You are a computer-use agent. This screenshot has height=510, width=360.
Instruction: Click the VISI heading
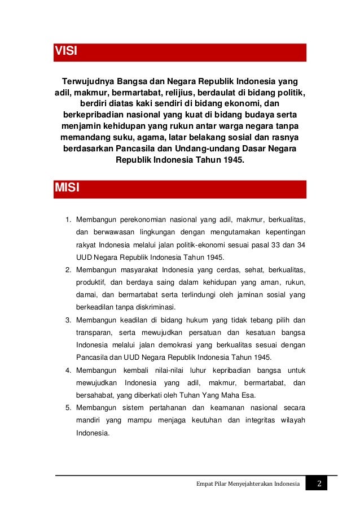[65, 53]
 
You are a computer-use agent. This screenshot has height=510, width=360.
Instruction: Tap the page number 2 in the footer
[319, 484]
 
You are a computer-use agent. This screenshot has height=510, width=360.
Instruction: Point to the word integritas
[263, 421]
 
